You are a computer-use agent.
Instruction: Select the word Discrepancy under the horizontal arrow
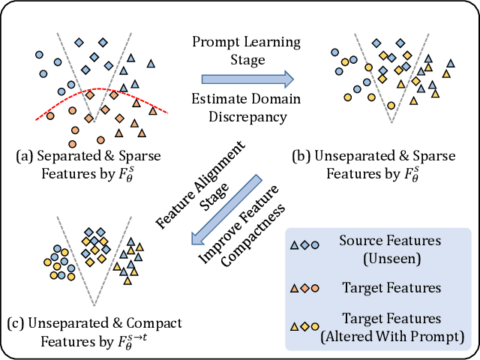click(248, 116)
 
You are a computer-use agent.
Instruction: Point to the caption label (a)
click(25, 156)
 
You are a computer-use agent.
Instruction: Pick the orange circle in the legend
click(316, 286)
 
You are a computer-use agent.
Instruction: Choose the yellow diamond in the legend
click(305, 326)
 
